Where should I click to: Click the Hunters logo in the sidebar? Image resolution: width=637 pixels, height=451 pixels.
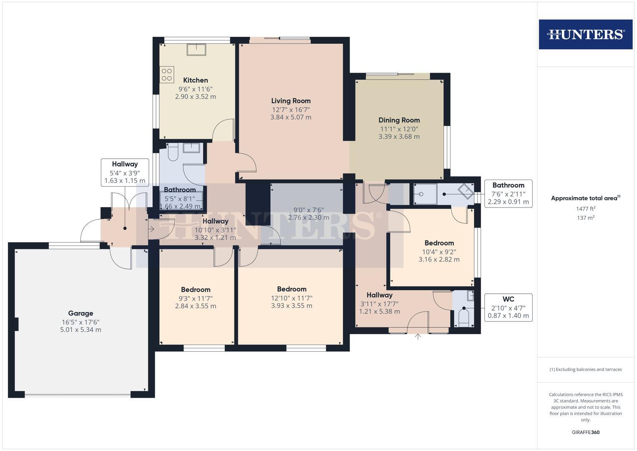pyautogui.click(x=585, y=34)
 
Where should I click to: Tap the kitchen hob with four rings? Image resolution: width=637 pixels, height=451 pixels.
pyautogui.click(x=167, y=75)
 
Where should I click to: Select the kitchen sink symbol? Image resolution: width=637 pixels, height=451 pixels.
pyautogui.click(x=196, y=49)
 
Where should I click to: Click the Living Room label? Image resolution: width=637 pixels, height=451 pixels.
pyautogui.click(x=291, y=101)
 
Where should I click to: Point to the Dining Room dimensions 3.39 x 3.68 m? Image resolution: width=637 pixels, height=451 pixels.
pyautogui.click(x=399, y=137)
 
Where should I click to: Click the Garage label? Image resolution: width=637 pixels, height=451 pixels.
pyautogui.click(x=81, y=313)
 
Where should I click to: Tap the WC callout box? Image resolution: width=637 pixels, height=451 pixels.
pyautogui.click(x=508, y=307)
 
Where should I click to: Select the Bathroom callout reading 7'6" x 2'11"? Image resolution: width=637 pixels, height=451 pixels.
pyautogui.click(x=508, y=193)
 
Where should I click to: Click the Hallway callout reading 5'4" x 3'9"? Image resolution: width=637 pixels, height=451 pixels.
pyautogui.click(x=124, y=172)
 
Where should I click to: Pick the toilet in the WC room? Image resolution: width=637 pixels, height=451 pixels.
pyautogui.click(x=463, y=318)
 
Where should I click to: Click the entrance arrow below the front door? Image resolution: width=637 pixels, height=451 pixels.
pyautogui.click(x=418, y=337)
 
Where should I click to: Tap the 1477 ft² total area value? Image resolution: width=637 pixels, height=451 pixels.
pyautogui.click(x=586, y=209)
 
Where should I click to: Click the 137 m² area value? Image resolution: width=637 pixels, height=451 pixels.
pyautogui.click(x=586, y=218)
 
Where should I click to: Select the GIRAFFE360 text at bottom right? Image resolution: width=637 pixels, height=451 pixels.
pyautogui.click(x=586, y=432)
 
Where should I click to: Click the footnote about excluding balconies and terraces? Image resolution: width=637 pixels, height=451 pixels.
pyautogui.click(x=586, y=370)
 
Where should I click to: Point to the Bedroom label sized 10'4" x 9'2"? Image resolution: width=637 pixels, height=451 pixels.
pyautogui.click(x=439, y=243)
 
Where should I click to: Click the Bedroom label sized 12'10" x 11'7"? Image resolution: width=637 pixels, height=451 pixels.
pyautogui.click(x=292, y=289)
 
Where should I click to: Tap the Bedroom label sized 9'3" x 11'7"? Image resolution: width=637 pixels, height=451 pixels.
pyautogui.click(x=195, y=289)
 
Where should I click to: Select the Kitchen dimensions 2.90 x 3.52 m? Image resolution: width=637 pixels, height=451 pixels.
pyautogui.click(x=195, y=96)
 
